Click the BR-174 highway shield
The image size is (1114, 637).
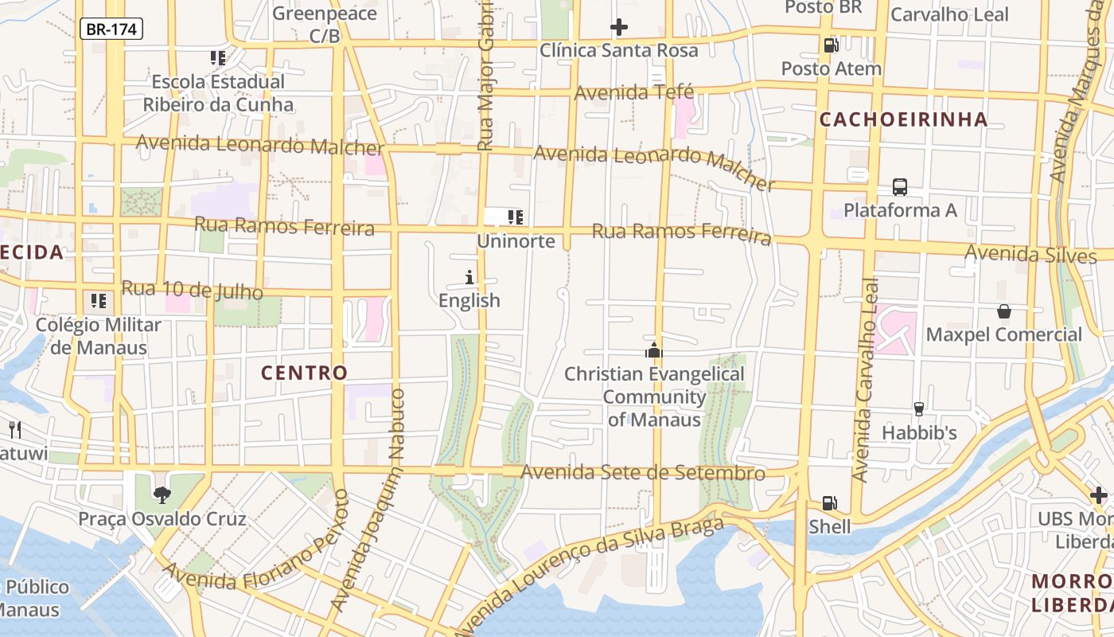111,29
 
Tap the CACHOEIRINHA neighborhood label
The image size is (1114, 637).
903,119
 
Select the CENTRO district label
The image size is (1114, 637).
305,373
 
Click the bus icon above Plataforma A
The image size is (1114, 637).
900,187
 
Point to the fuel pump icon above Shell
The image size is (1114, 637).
829,503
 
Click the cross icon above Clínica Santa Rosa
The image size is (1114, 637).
618,28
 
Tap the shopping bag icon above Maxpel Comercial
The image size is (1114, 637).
1004,311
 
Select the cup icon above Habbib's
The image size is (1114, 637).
919,409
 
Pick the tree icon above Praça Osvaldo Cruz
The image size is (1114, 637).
162,495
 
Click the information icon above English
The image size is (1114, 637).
469,277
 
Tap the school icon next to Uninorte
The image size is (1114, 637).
515,217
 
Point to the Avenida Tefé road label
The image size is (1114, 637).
634,92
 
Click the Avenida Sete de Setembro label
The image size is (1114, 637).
642,473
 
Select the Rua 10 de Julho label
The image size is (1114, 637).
192,290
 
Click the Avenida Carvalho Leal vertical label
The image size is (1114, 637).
865,379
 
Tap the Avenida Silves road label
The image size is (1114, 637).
1030,254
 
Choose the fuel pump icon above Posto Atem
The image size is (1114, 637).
831,45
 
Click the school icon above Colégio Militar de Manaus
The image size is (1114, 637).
99,301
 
